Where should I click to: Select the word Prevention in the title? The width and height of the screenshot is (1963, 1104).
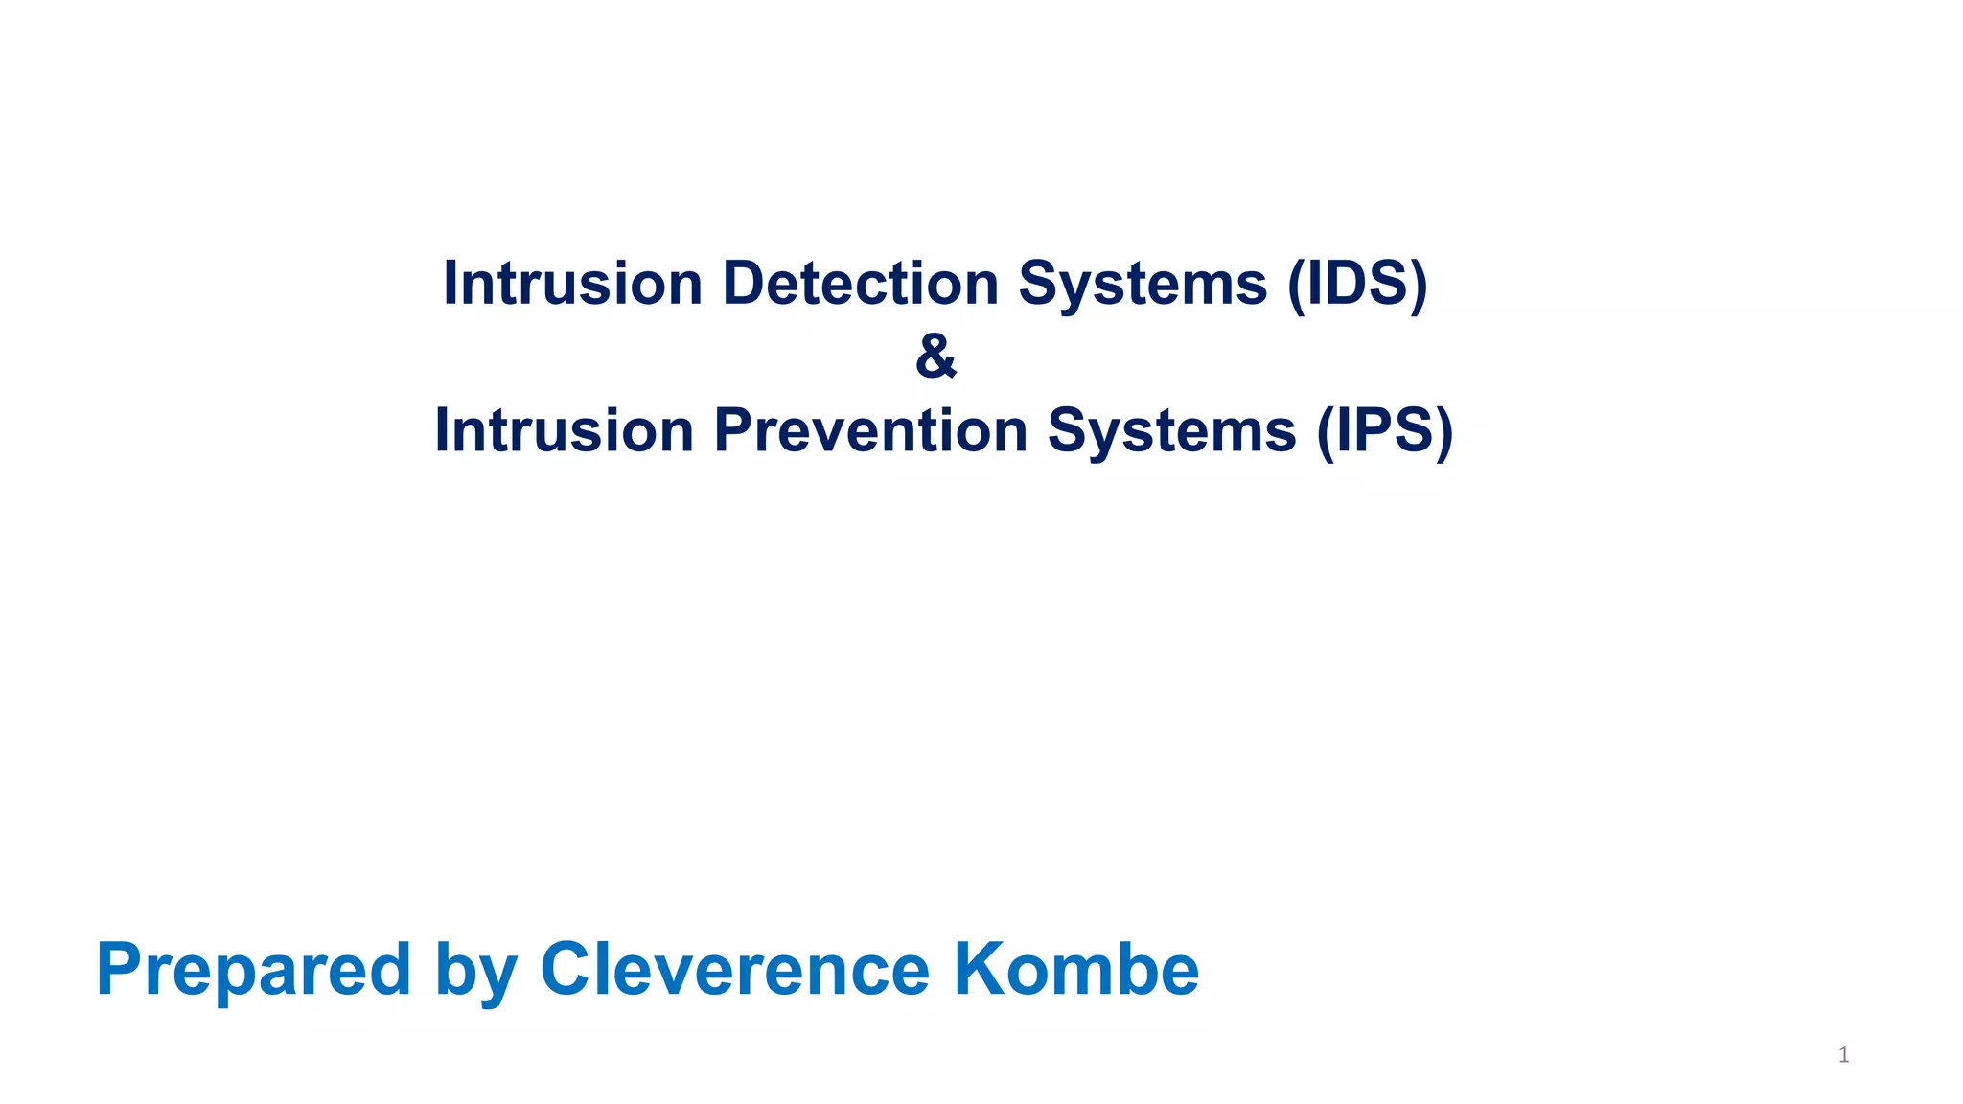pos(870,430)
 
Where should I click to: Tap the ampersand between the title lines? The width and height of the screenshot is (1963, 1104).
pos(935,356)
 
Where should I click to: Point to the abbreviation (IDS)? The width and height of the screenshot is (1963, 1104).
pos(1357,284)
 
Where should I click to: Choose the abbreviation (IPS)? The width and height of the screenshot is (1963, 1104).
pos(1384,430)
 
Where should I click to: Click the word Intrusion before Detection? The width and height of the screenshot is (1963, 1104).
pos(573,284)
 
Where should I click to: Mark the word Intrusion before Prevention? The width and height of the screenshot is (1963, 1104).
pos(565,430)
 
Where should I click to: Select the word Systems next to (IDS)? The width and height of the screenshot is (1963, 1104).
pos(1143,284)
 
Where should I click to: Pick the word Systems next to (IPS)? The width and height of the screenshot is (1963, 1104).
pos(1171,430)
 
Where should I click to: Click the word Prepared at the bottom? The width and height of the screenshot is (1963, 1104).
pos(254,970)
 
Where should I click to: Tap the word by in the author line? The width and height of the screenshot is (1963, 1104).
pos(476,970)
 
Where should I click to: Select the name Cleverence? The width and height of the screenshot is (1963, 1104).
pos(734,970)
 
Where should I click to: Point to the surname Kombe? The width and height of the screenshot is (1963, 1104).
pos(1075,970)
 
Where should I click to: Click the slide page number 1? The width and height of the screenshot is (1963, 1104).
pos(1843,1055)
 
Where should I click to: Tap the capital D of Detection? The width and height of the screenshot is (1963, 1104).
pos(742,284)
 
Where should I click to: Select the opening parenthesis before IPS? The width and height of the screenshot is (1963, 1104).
pos(1326,430)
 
